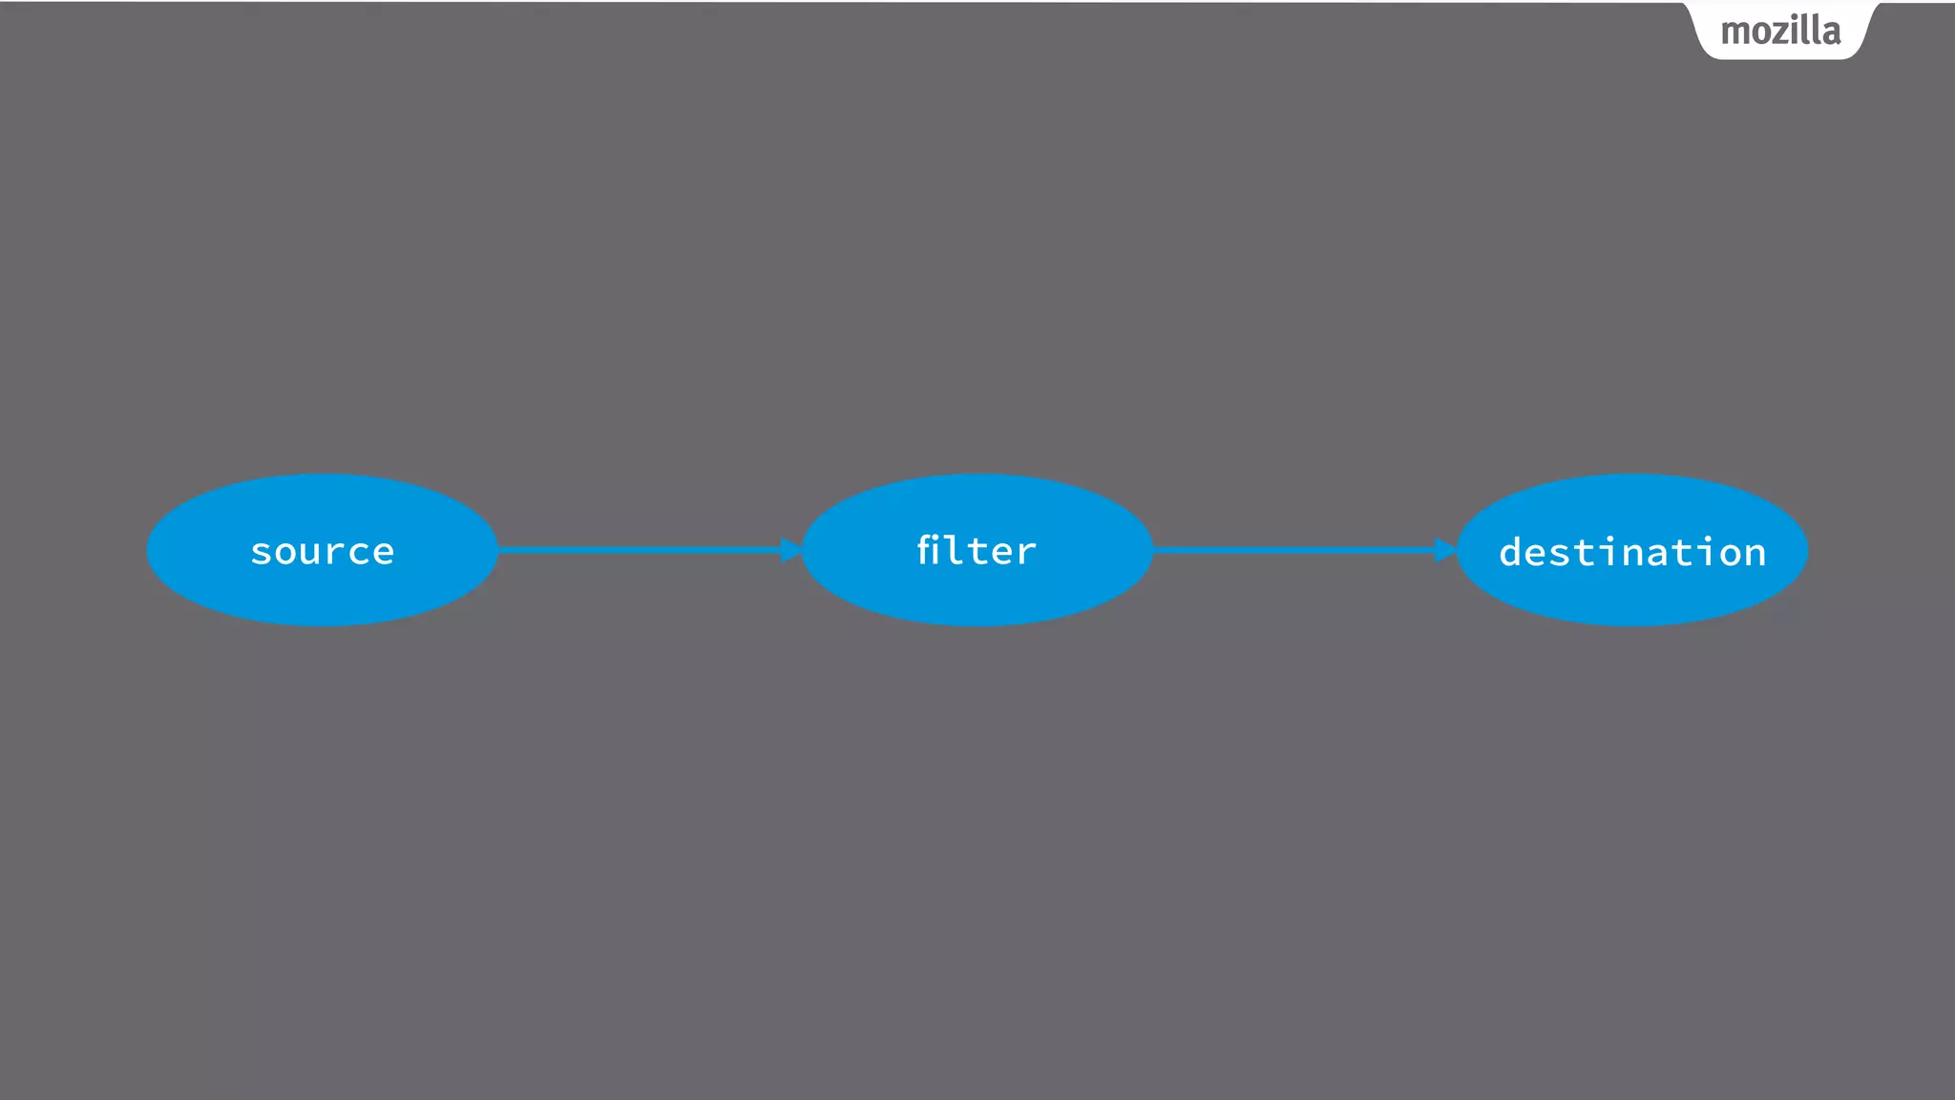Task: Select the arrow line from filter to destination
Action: (x=1293, y=550)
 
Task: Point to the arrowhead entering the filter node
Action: (x=791, y=550)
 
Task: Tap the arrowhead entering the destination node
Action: (x=1445, y=550)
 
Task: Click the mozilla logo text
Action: (x=1780, y=32)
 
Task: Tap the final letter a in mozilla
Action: (x=1831, y=33)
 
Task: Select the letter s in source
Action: (x=262, y=553)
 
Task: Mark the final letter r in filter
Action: (x=1027, y=553)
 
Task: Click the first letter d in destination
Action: (x=1511, y=552)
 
